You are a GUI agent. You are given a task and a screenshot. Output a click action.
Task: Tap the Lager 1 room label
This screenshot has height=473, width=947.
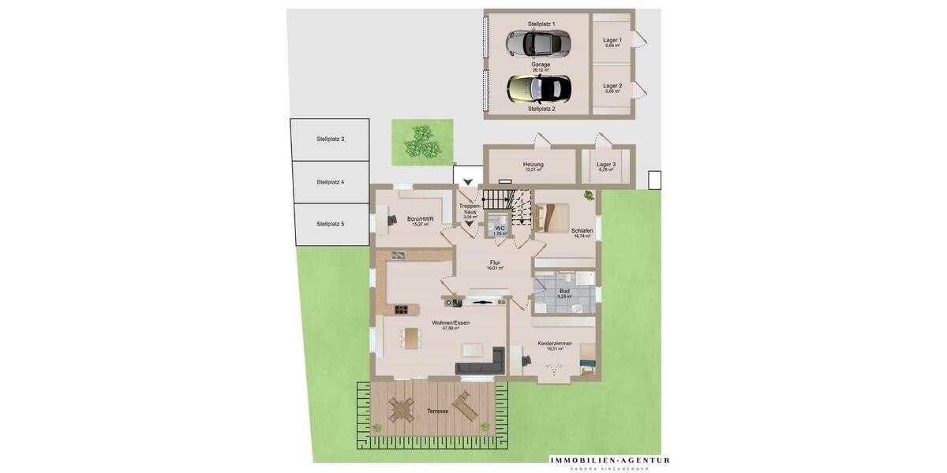[612, 40]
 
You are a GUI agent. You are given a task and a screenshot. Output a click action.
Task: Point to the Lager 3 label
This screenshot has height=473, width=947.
[606, 165]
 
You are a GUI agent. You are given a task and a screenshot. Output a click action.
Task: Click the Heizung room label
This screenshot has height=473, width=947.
[533, 165]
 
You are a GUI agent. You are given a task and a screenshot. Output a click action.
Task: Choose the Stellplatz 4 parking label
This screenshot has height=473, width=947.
[330, 182]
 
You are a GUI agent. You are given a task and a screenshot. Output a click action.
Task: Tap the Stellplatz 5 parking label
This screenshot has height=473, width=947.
[330, 224]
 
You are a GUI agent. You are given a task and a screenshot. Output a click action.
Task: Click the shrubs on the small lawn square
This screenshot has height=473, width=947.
[422, 142]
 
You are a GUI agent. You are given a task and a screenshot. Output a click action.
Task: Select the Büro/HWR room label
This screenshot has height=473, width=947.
[420, 219]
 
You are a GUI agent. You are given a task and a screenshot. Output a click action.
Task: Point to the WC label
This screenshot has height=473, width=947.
[500, 229]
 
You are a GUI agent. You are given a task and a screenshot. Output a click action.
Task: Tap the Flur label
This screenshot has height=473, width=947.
[495, 263]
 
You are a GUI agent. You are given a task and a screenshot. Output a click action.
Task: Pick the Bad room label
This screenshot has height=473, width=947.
[564, 291]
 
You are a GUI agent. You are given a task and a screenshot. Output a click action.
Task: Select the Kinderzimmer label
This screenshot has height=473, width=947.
[555, 344]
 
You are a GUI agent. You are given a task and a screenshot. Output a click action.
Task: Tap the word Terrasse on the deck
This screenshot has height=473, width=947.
[438, 412]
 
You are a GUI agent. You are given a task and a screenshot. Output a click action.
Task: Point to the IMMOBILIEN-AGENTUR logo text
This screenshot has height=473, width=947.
[610, 460]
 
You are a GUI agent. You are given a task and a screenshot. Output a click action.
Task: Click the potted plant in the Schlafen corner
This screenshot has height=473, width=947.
[589, 195]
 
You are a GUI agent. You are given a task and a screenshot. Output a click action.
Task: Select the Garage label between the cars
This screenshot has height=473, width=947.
[541, 65]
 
